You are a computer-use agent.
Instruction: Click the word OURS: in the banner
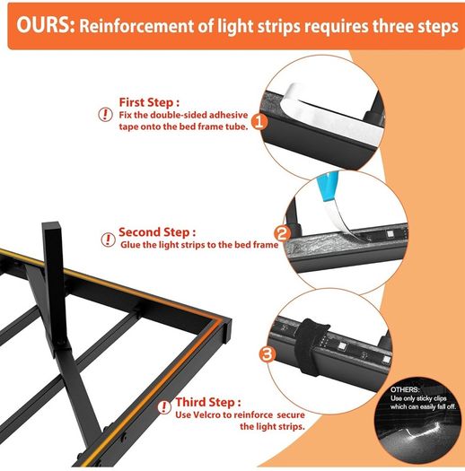(x=45, y=25)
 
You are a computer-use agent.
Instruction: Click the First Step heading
(x=149, y=102)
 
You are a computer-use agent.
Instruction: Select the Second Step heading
(x=157, y=232)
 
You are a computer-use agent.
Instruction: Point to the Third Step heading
(x=208, y=402)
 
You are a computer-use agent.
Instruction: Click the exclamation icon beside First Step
(x=106, y=115)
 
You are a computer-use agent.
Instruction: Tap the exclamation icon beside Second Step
(x=108, y=240)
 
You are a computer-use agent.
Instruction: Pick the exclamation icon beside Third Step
(x=164, y=407)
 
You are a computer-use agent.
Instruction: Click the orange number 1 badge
(x=259, y=122)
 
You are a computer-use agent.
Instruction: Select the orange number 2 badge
(x=282, y=233)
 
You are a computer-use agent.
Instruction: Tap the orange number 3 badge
(x=268, y=353)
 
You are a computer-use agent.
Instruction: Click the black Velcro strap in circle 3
(x=310, y=347)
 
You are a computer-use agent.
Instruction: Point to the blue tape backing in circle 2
(x=328, y=187)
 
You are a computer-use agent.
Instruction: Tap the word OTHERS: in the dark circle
(x=404, y=389)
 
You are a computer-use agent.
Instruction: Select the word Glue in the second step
(x=130, y=245)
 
